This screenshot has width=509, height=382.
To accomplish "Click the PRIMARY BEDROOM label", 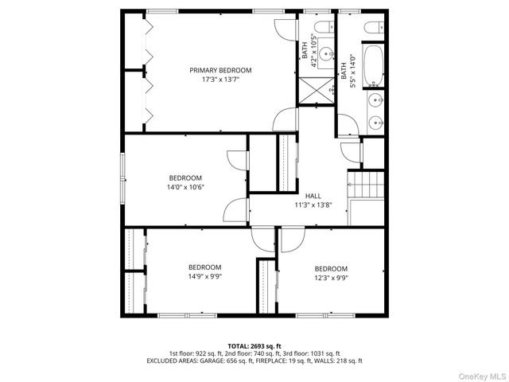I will pyautogui.click(x=220, y=70).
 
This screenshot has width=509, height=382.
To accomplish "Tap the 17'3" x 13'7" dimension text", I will pyautogui.click(x=220, y=79).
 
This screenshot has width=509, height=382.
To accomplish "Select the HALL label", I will pyautogui.click(x=313, y=195).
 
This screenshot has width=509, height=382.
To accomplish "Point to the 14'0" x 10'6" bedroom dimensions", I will pyautogui.click(x=185, y=187).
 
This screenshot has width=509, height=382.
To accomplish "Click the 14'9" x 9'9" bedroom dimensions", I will pyautogui.click(x=204, y=276).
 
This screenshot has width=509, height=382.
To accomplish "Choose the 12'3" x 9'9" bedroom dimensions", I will pyautogui.click(x=330, y=278).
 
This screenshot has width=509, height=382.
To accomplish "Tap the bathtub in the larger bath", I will pyautogui.click(x=374, y=66).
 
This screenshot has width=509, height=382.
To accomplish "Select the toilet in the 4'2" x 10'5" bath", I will pyautogui.click(x=316, y=28).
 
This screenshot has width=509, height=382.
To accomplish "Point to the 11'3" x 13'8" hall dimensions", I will pyautogui.click(x=313, y=205).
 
